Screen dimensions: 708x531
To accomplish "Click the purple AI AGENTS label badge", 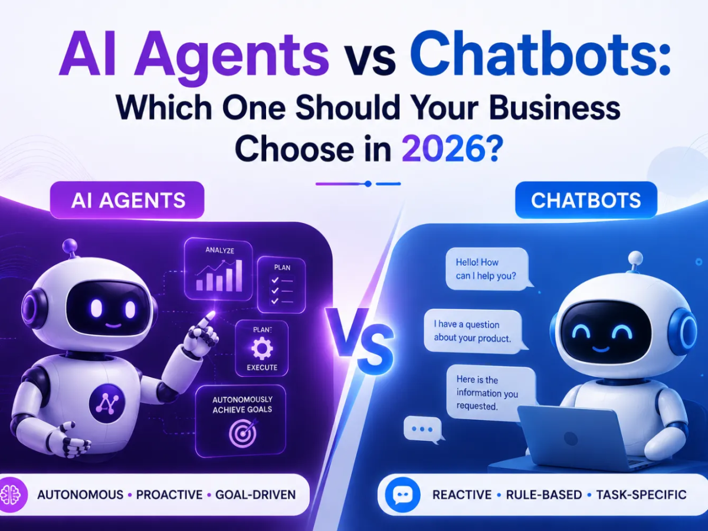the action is point(127,200).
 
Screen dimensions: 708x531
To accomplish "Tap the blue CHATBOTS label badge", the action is point(586,200).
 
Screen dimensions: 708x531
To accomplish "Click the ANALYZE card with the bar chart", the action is point(218,270).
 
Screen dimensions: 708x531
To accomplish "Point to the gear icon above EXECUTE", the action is point(261,348).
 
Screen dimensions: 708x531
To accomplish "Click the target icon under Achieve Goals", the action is point(243,432).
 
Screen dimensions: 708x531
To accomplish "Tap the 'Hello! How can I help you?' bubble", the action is point(488,269).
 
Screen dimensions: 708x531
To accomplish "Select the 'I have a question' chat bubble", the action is point(474,332).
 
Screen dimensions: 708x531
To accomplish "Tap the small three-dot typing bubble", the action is point(423,429).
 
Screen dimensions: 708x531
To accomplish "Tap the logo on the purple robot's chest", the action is point(108,404).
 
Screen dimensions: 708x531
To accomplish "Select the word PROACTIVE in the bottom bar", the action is point(169,495).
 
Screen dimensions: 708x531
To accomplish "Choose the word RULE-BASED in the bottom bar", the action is point(544,495).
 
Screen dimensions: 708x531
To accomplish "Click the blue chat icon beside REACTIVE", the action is point(402,494).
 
